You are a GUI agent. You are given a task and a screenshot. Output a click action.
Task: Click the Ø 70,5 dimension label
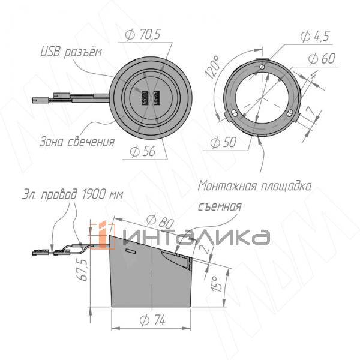pyautogui.click(x=143, y=34)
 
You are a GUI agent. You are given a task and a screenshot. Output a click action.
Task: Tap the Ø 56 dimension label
pyautogui.click(x=142, y=151)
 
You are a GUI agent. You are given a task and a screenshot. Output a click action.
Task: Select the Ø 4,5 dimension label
pyautogui.click(x=315, y=36)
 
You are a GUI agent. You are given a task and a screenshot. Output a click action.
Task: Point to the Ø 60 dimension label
pyautogui.click(x=322, y=58)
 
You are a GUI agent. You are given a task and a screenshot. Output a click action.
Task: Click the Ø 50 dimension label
pyautogui.click(x=223, y=142)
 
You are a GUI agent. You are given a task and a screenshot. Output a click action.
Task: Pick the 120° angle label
pyautogui.click(x=212, y=67)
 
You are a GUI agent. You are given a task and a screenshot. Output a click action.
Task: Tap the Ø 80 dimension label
pyautogui.click(x=160, y=222)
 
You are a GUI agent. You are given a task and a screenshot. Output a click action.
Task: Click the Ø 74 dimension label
pyautogui.click(x=152, y=320)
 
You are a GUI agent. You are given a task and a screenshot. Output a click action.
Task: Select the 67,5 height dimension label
pyautogui.click(x=82, y=269)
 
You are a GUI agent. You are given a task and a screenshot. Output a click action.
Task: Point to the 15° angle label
pyautogui.click(x=216, y=284)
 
